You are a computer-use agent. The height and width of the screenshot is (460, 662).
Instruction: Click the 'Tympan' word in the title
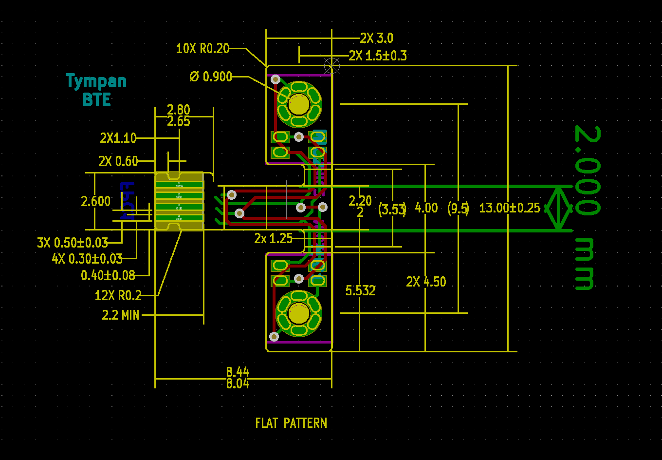pyautogui.click(x=96, y=81)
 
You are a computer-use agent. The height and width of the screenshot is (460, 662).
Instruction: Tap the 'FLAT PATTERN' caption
pyautogui.click(x=291, y=423)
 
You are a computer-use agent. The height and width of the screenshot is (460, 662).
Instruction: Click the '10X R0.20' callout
pyautogui.click(x=202, y=48)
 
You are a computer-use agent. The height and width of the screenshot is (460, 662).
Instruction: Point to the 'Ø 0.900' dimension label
pyautogui.click(x=211, y=77)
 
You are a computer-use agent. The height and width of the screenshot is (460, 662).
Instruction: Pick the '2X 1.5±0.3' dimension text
pyautogui.click(x=378, y=56)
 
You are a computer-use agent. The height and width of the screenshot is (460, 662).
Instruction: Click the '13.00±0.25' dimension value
pyautogui.click(x=509, y=208)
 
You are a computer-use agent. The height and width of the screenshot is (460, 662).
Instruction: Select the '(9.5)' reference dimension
pyautogui.click(x=458, y=209)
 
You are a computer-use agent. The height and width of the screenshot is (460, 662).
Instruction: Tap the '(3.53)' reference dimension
pyautogui.click(x=392, y=210)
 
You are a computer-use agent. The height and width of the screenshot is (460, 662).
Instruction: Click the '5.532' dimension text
pyautogui.click(x=360, y=291)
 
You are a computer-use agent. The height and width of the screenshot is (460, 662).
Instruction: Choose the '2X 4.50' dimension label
pyautogui.click(x=426, y=282)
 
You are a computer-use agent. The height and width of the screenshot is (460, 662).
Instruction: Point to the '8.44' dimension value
pyautogui.click(x=238, y=372)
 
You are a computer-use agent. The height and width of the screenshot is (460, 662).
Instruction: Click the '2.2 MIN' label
pyautogui.click(x=121, y=315)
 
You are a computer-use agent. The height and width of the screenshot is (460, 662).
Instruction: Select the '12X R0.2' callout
pyautogui.click(x=118, y=295)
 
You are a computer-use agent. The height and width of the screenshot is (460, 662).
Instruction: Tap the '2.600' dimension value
pyautogui.click(x=96, y=201)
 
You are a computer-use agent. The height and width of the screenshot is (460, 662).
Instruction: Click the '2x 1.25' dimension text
pyautogui.click(x=273, y=238)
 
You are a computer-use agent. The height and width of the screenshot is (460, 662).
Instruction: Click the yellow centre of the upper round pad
pyautogui.click(x=298, y=104)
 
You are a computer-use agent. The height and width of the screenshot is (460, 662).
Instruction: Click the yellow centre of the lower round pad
pyautogui.click(x=298, y=313)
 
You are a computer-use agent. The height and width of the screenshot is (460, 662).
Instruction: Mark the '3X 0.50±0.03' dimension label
pyautogui.click(x=73, y=242)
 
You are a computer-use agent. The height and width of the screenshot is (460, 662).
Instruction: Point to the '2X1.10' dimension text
pyautogui.click(x=118, y=138)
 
